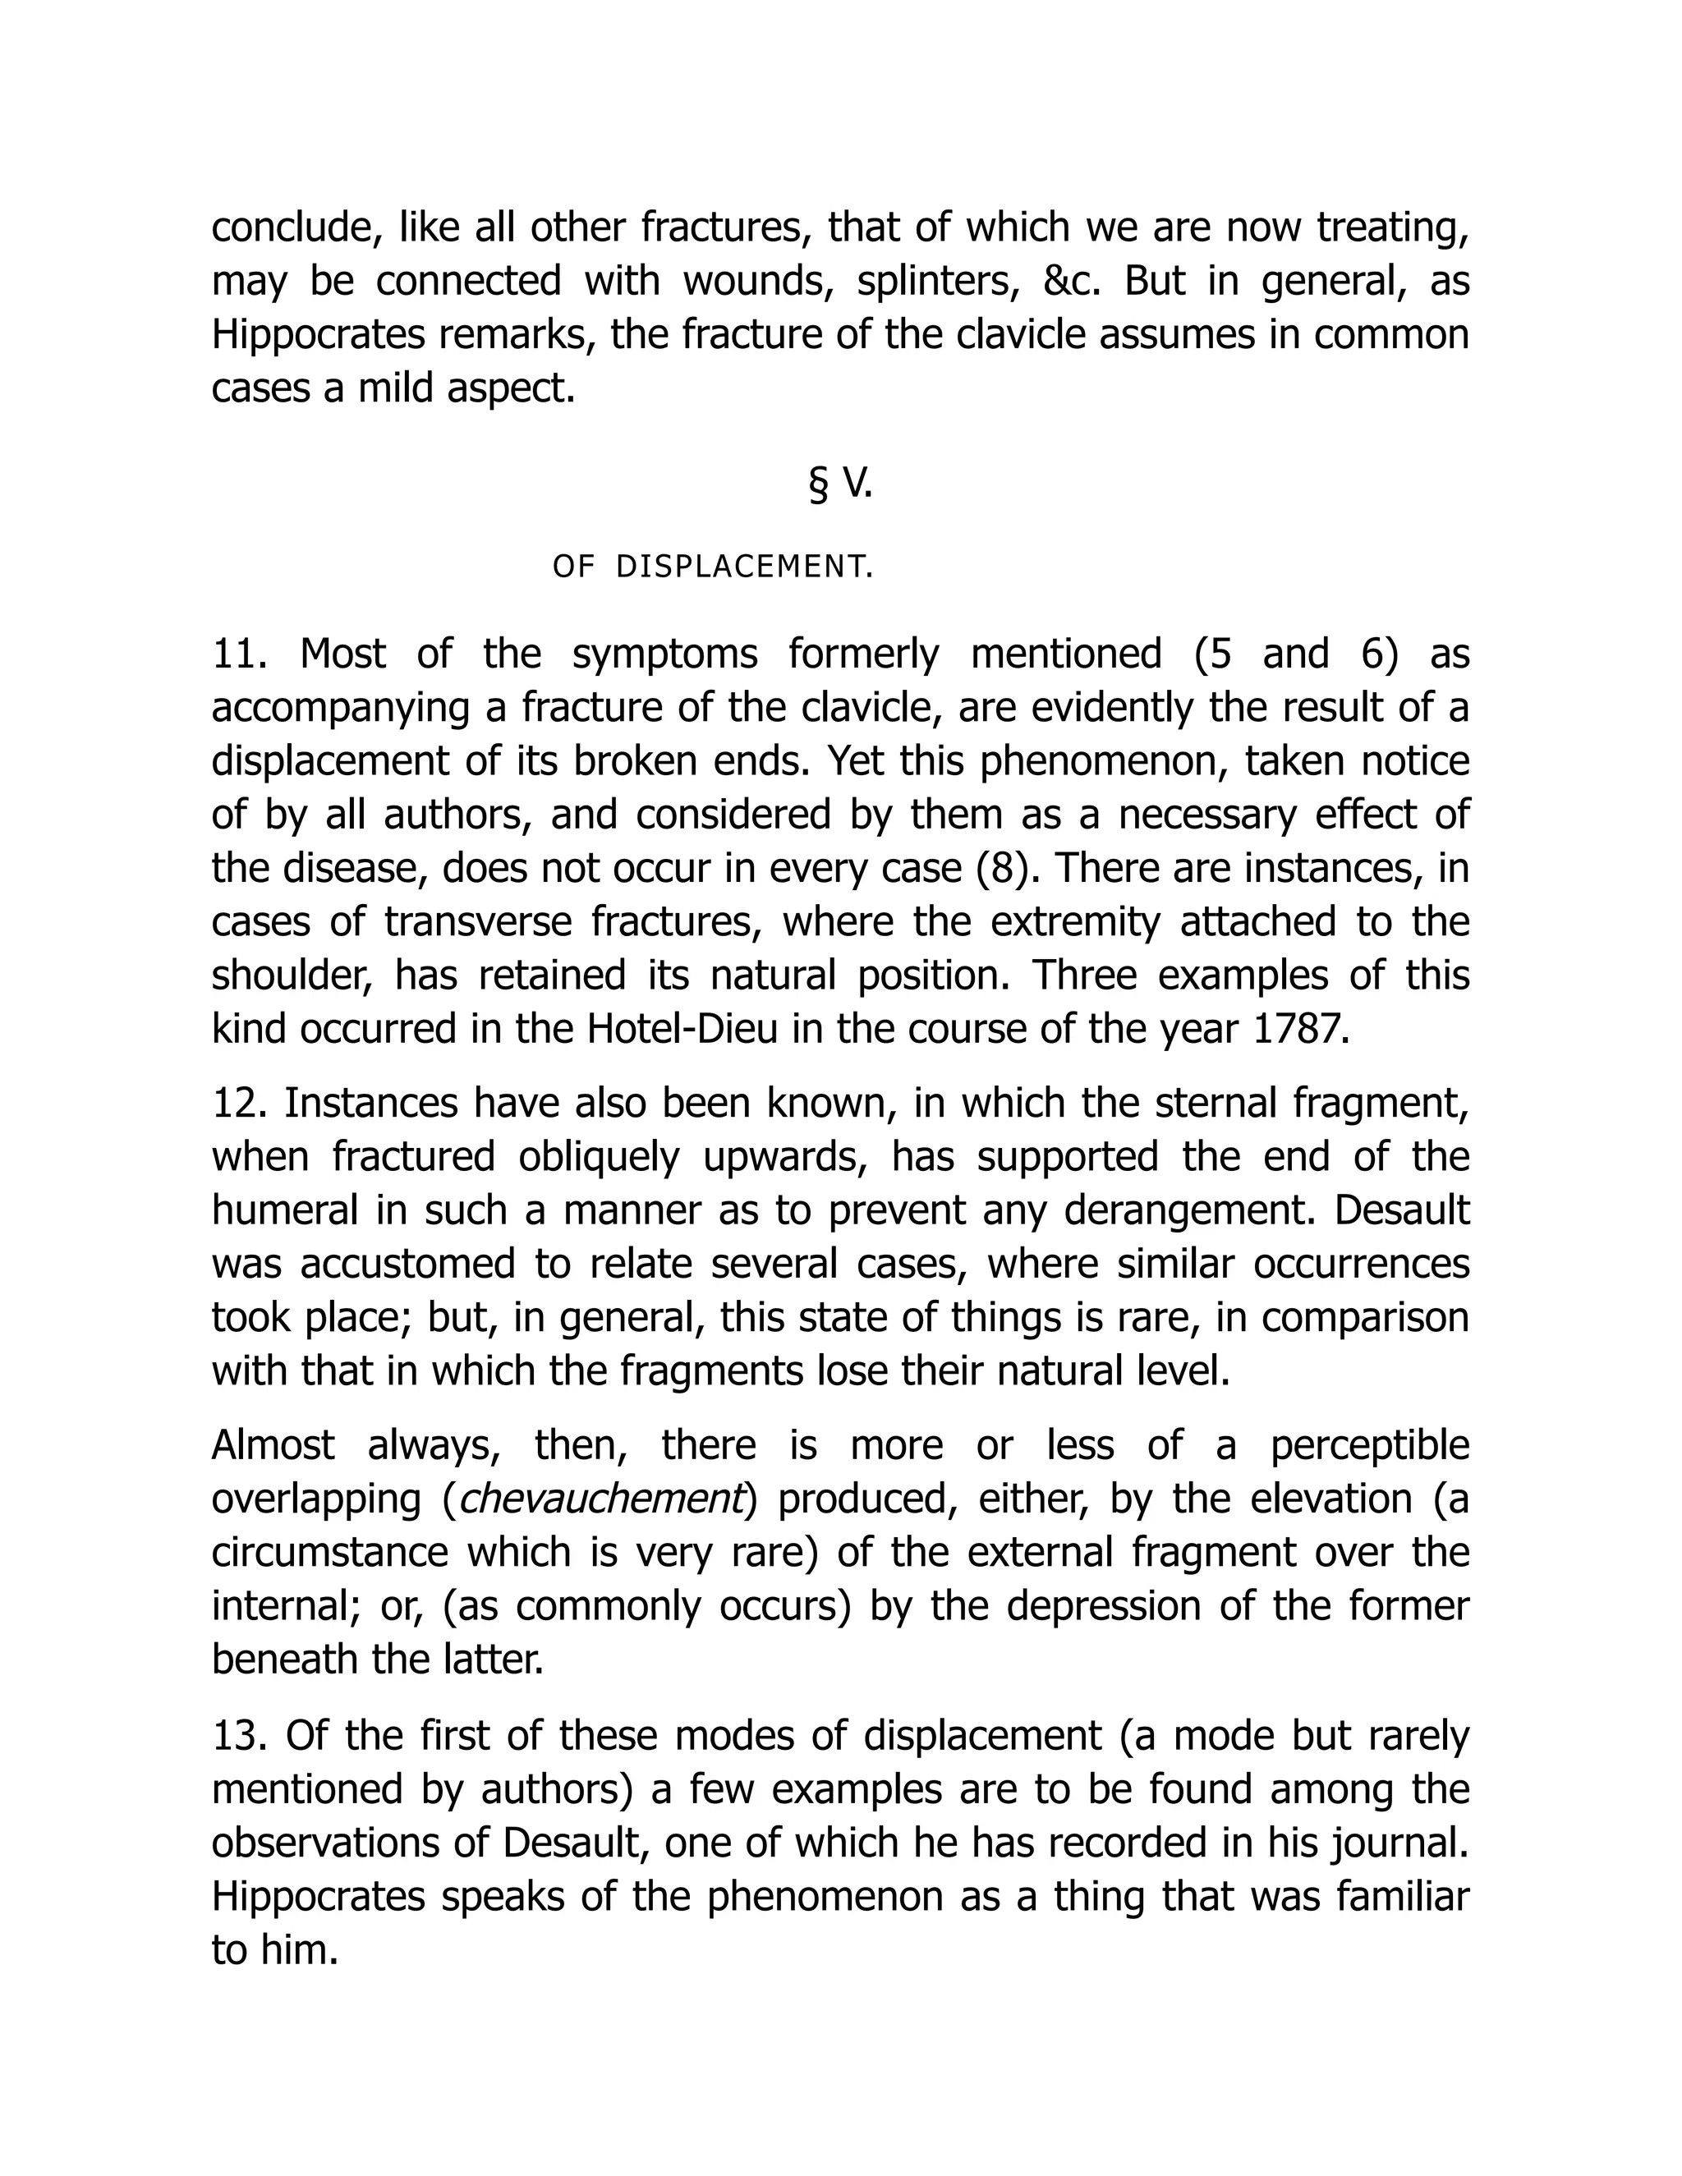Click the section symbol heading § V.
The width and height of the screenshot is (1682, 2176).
[840, 484]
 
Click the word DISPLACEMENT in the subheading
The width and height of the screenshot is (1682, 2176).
[743, 567]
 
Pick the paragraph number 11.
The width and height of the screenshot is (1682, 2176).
[239, 654]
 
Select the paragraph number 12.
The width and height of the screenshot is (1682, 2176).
[239, 1103]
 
